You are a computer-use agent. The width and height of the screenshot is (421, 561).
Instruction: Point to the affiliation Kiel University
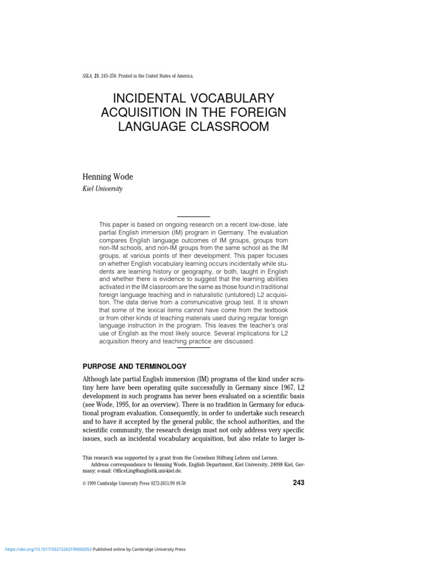(x=103, y=188)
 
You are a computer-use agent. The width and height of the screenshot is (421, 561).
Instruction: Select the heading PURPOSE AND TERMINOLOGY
(x=134, y=366)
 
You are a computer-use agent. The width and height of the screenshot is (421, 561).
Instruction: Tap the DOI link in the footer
(x=48, y=549)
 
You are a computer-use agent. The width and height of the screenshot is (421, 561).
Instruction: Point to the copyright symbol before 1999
(x=84, y=483)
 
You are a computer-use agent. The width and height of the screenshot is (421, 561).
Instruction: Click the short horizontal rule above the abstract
(x=194, y=217)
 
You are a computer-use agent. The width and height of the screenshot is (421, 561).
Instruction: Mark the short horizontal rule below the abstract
(x=194, y=347)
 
